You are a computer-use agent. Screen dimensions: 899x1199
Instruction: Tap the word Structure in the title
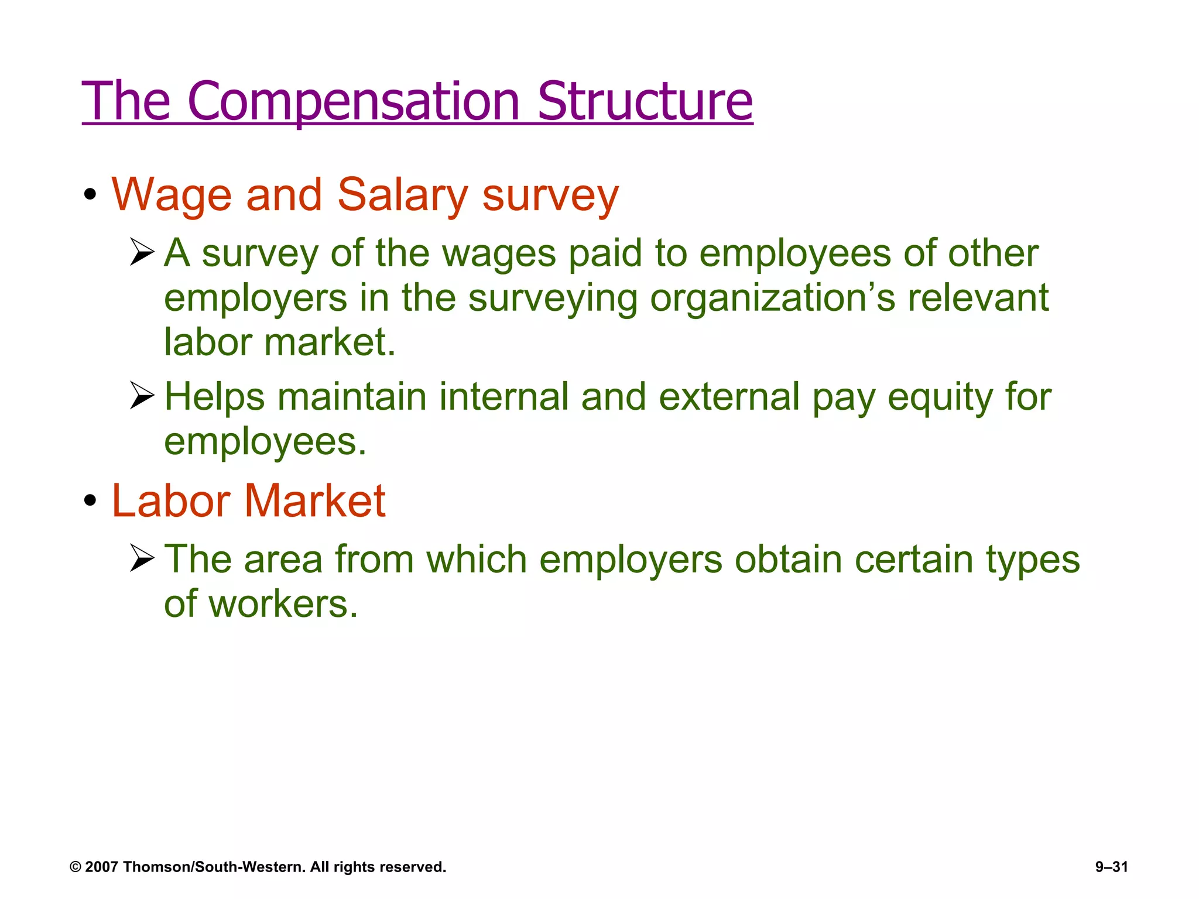[x=645, y=101]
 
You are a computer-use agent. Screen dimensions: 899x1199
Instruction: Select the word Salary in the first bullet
[x=403, y=195]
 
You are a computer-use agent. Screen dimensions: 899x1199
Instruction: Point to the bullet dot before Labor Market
[x=90, y=500]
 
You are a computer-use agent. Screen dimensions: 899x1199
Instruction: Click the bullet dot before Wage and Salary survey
[x=90, y=194]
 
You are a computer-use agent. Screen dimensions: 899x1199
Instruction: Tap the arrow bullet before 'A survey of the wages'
[x=142, y=252]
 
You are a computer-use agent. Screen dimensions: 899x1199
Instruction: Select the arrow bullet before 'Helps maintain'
[x=142, y=395]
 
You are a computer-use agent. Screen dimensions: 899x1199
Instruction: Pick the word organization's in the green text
[x=773, y=298]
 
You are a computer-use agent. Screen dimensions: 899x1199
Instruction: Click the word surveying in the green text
[x=553, y=298]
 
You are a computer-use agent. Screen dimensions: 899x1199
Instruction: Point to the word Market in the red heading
[x=315, y=502]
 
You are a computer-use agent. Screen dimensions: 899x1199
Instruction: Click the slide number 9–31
[x=1111, y=867]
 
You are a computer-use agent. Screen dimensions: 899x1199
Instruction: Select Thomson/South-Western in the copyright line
[x=214, y=867]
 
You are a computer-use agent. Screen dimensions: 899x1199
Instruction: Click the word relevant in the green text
[x=978, y=298]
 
